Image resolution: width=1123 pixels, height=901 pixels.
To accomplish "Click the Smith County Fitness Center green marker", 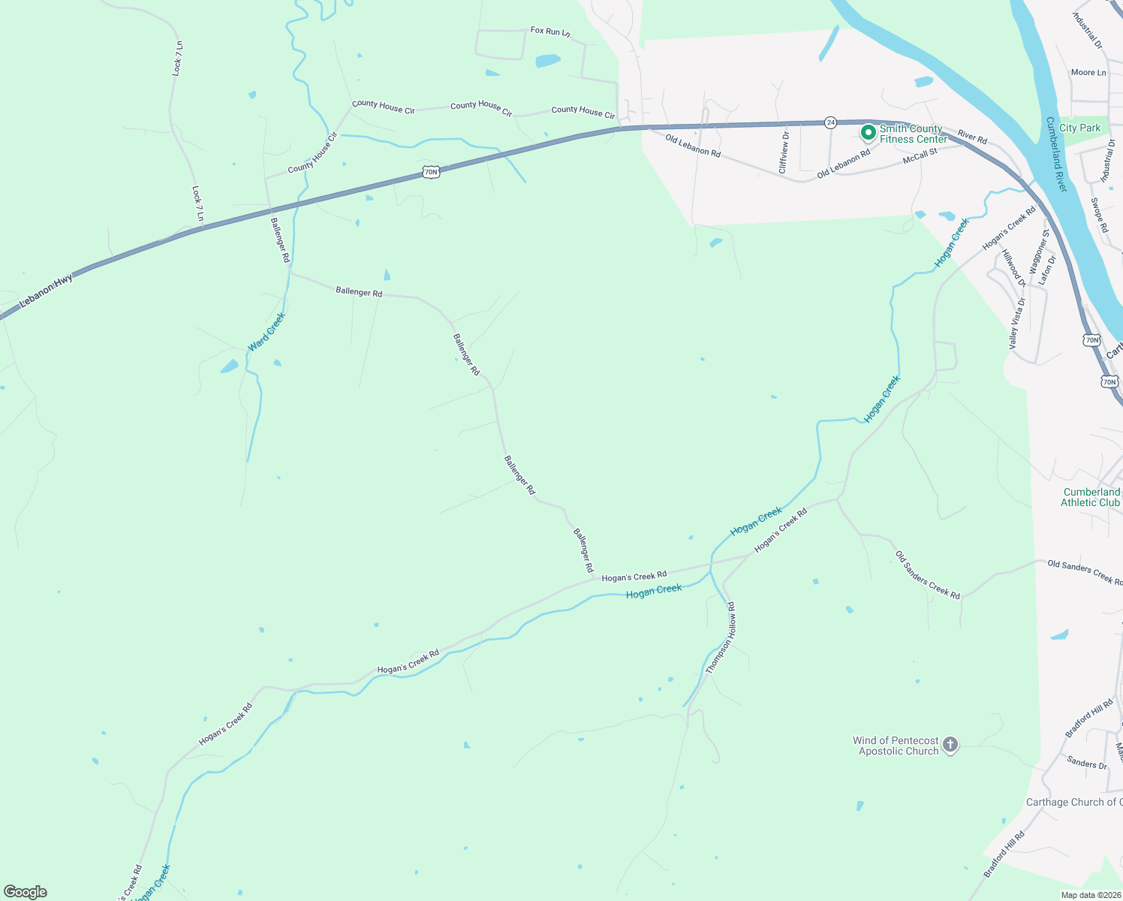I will [868, 133].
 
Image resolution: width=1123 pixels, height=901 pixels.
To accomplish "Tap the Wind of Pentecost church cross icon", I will [950, 745].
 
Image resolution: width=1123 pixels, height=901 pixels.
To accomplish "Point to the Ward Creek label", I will [266, 332].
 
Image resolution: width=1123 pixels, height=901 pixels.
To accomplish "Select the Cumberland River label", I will [1056, 154].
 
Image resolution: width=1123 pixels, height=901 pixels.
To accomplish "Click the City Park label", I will [1079, 128].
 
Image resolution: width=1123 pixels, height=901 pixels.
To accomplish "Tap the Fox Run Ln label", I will [550, 32].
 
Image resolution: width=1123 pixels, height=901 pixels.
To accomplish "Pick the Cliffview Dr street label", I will [784, 152].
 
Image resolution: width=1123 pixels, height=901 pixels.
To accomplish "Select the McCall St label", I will [920, 156].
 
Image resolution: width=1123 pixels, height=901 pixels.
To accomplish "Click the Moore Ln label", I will [1088, 73].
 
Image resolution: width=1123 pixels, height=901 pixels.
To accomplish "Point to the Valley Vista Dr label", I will [1017, 324].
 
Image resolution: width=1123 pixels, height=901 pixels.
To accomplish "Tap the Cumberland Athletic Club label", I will [1091, 497].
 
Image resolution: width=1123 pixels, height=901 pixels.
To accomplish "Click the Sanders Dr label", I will [1086, 763].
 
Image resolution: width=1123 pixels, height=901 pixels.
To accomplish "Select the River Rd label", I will [972, 137].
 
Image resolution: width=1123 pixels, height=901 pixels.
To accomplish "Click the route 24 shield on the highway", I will [830, 122].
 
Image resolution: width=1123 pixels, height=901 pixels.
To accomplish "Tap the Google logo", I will [26, 892].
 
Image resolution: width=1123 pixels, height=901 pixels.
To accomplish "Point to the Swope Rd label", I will [1099, 215].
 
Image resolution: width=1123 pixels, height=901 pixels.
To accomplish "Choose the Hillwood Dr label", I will [1014, 269].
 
